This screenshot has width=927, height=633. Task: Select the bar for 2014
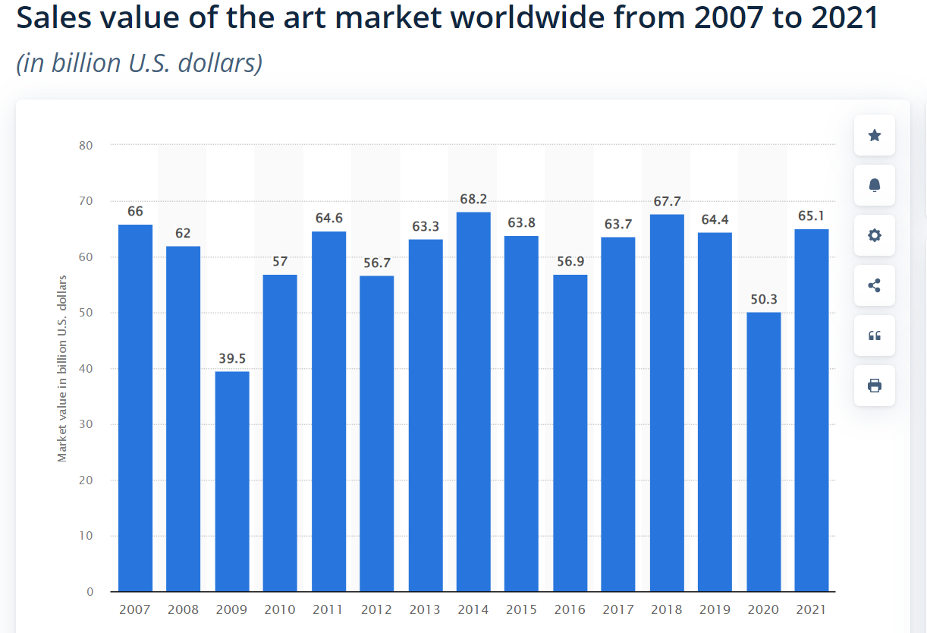pos(473,402)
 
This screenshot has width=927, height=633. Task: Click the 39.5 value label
pos(232,358)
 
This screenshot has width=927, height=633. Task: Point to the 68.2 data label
pos(473,200)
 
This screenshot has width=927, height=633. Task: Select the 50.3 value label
pos(763,300)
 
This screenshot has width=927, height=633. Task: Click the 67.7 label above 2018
pos(667,202)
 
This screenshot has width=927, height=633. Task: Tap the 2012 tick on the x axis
pos(377,609)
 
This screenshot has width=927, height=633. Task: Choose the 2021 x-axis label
pos(812,609)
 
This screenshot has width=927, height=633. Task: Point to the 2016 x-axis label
pos(570,609)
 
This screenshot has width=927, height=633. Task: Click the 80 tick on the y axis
pos(86,146)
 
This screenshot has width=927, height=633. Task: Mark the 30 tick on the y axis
pos(86,424)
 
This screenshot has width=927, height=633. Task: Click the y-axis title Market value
pos(63,368)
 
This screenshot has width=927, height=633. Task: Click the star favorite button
pos(874,135)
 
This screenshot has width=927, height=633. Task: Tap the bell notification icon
pos(874,185)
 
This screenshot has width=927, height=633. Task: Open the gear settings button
pos(874,235)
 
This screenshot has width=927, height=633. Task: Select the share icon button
pos(874,285)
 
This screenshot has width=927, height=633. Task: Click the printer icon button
pos(874,386)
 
